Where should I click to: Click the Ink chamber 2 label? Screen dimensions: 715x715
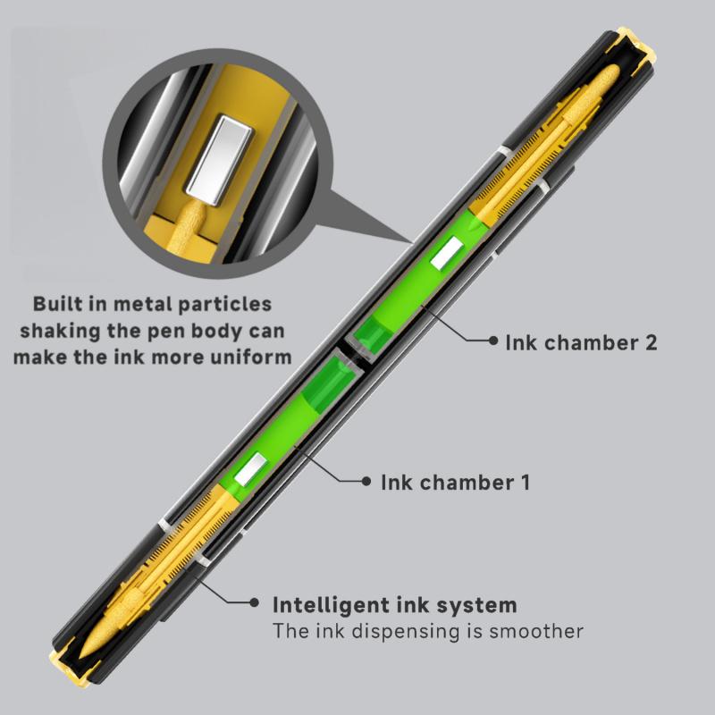[581, 341]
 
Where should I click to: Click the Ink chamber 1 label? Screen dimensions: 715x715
[456, 483]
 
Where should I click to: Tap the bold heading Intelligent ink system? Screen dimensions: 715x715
[394, 604]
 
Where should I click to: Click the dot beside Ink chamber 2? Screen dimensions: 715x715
[492, 341]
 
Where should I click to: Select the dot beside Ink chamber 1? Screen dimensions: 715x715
[366, 482]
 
